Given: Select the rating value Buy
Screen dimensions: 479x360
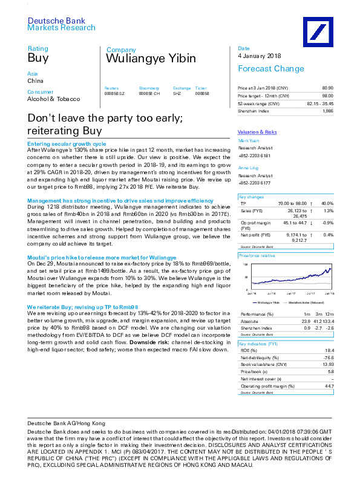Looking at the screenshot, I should click(38, 58).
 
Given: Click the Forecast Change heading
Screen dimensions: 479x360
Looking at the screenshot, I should click(267, 69).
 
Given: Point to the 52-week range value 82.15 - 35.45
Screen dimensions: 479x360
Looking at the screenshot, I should click(320, 104).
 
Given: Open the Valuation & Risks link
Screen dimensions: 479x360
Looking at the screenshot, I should click(257, 132).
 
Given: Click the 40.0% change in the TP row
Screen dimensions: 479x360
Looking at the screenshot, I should click(327, 204).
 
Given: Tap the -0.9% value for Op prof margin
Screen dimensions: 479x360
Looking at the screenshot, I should click(327, 223).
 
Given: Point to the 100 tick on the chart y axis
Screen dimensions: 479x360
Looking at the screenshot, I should click(246, 265).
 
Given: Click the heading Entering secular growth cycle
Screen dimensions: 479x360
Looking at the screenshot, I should click(67, 144).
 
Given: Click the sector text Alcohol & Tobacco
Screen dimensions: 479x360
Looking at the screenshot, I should click(53, 99).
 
